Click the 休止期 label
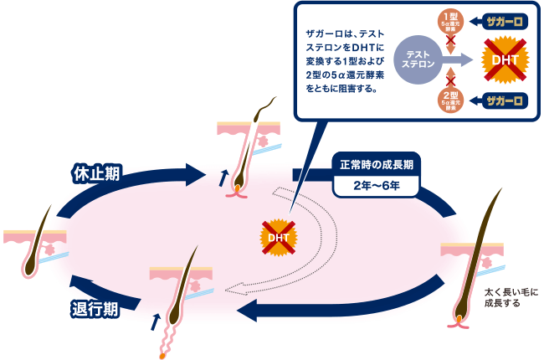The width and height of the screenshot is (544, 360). [95, 173]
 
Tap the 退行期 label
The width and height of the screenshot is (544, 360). [93, 308]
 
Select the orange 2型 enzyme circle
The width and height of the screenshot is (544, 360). [451, 100]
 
